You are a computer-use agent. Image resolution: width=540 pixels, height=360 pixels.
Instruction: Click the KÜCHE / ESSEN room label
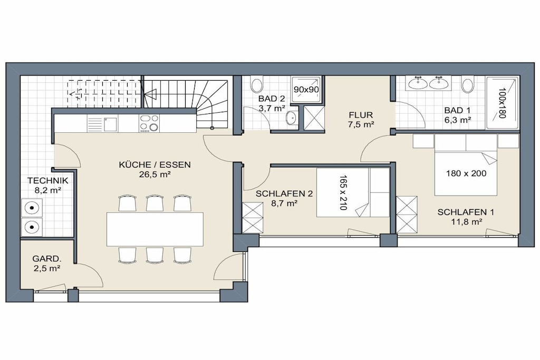pos(155,165)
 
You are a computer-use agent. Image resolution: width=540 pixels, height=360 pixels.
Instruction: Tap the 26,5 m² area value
pos(155,174)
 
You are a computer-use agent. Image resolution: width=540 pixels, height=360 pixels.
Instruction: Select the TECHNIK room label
pos(48,181)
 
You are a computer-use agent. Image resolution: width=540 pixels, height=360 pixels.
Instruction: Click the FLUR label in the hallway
pos(361,115)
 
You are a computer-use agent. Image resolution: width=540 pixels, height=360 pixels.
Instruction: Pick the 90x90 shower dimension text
pos(306,90)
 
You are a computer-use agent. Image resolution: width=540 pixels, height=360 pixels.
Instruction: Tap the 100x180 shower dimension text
pos(502,103)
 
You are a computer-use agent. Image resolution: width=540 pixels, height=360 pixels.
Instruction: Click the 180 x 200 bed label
pos(466,173)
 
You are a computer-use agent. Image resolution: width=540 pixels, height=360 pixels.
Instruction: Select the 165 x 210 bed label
pos(343,193)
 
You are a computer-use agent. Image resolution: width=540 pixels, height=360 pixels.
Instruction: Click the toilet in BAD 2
pos(257,85)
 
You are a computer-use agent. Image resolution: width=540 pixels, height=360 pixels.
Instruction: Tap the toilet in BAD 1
pos(468,85)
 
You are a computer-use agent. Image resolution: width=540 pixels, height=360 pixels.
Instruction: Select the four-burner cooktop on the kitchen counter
pos(149,123)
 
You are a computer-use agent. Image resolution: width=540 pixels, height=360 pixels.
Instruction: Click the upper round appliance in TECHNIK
pos(32,208)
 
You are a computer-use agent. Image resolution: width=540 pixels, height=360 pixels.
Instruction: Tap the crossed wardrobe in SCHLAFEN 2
pos(253,218)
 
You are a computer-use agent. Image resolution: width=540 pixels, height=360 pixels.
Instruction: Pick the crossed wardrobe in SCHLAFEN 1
pos(407,215)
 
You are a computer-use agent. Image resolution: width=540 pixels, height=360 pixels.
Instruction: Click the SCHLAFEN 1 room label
pos(466,212)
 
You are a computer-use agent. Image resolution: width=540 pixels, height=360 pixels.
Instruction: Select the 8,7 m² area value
pos(284,203)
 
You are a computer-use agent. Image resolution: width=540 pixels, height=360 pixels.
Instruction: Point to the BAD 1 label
pos(457,111)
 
